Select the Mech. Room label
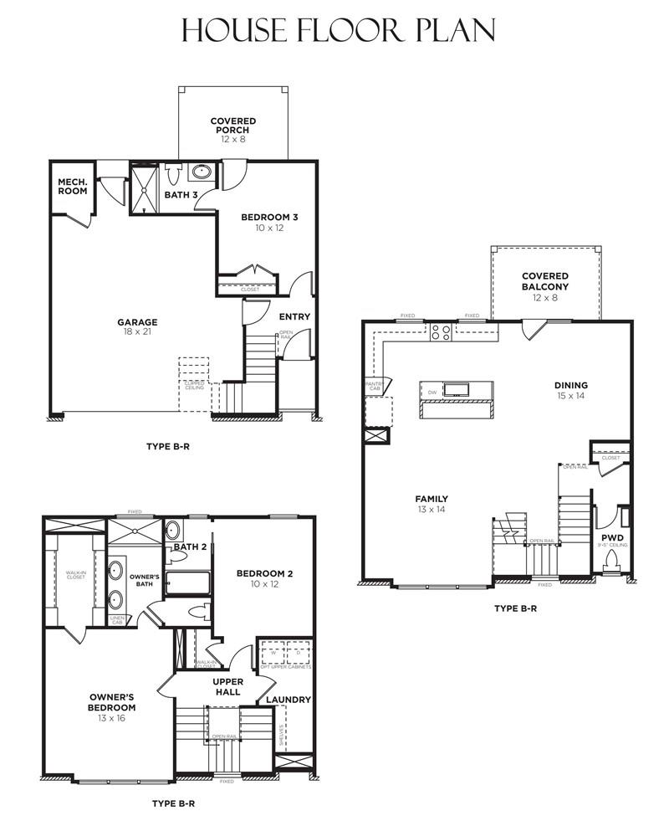[74, 186]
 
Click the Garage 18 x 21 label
[137, 326]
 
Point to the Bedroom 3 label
[269, 222]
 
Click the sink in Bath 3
[202, 173]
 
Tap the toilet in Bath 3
[174, 175]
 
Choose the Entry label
[294, 316]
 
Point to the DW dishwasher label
[432, 391]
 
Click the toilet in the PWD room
[615, 559]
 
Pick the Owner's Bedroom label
[112, 701]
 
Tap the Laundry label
[289, 699]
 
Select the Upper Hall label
[227, 687]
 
